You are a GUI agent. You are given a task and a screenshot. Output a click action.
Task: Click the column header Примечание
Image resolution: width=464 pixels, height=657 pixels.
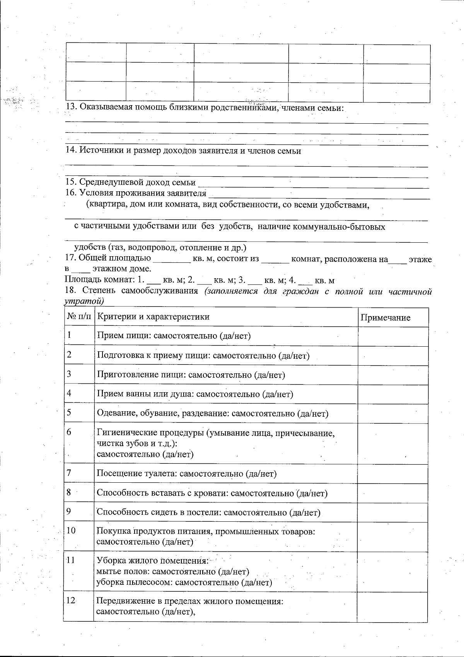coord(385,318)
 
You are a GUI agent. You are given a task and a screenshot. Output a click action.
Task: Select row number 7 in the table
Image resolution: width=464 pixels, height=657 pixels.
coord(69,473)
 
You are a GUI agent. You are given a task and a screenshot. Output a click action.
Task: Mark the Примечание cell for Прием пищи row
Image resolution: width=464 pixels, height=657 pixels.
coord(393,336)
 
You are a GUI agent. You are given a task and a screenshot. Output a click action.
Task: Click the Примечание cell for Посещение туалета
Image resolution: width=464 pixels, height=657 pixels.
coord(393,473)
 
